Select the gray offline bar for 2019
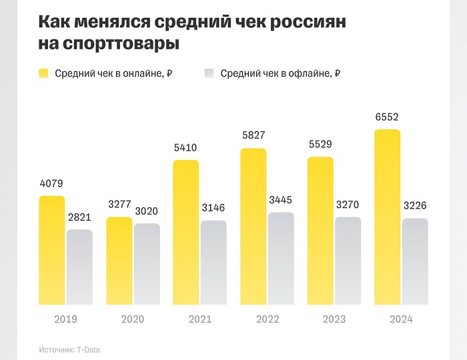pos(79,267)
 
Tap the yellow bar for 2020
pos(119,261)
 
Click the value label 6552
pos(387,117)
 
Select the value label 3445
pos(281,201)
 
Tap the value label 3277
pos(119,205)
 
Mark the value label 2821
pos(79,218)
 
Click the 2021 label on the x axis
pos(199,319)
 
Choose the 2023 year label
pos(334,319)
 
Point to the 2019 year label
pos(65,319)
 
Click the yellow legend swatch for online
pos(44,73)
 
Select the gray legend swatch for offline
pos(209,73)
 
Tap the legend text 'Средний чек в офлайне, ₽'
pos(280,73)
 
